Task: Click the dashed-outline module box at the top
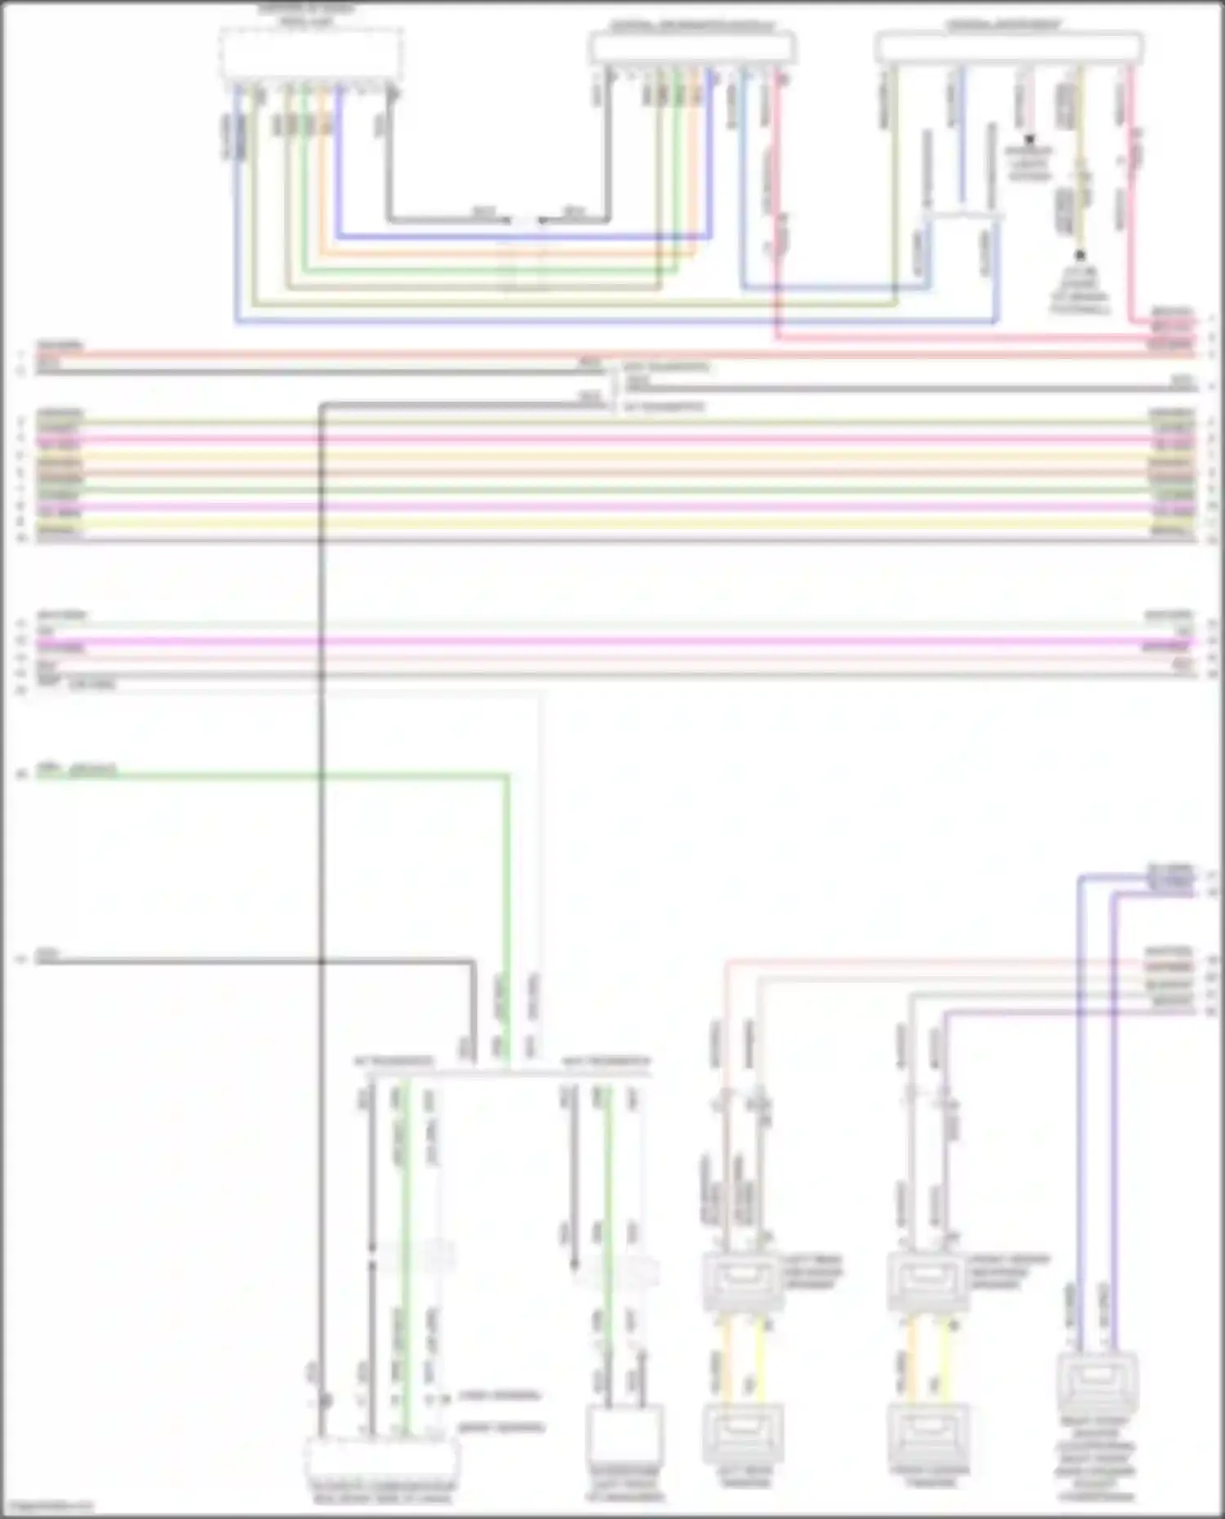click(310, 55)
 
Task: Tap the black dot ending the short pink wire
click(1030, 140)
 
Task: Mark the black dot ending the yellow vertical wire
click(1080, 255)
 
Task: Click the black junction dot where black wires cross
click(321, 962)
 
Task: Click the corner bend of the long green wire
click(506, 776)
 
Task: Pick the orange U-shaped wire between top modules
click(506, 254)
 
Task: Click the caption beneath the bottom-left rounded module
click(381, 1492)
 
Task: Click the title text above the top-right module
click(1004, 26)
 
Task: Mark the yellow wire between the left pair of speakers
click(760, 1359)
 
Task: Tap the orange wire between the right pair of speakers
click(912, 1359)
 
